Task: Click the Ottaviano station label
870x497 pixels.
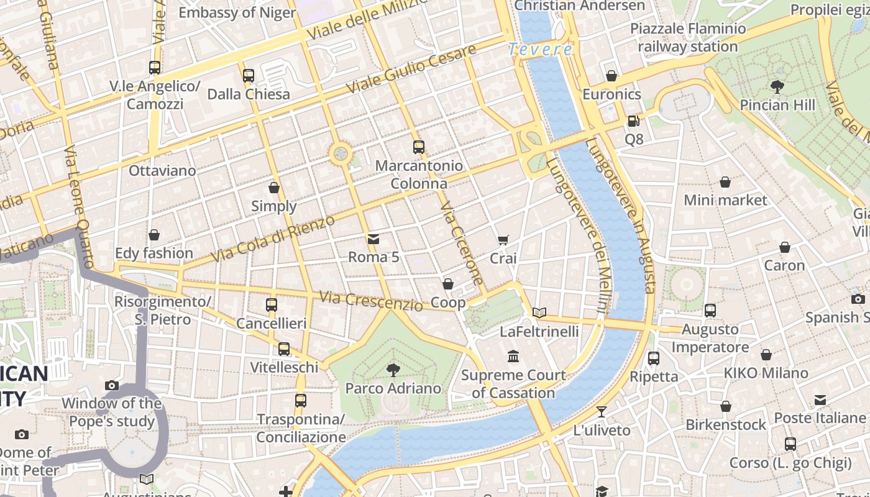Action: click(x=162, y=170)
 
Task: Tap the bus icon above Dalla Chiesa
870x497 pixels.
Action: click(x=249, y=76)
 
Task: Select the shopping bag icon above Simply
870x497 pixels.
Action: click(x=274, y=188)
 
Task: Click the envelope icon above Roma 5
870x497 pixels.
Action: click(x=373, y=239)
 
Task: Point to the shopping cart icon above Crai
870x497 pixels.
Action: click(x=503, y=240)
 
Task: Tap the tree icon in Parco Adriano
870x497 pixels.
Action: click(x=393, y=370)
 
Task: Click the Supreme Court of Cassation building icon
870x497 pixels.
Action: click(x=513, y=357)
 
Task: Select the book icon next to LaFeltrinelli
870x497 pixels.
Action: click(x=539, y=312)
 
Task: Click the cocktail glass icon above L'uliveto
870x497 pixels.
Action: click(x=602, y=411)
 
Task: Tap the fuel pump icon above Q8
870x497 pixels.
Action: click(x=633, y=121)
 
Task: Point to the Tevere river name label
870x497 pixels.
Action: click(x=540, y=50)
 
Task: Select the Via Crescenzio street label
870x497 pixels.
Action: click(x=371, y=301)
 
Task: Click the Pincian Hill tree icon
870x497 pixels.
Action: click(x=777, y=86)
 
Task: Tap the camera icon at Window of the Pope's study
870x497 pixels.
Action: click(x=112, y=385)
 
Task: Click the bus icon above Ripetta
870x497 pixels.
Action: click(x=654, y=358)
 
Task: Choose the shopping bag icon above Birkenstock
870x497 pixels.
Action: click(x=725, y=406)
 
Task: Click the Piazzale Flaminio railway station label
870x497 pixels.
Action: click(x=688, y=37)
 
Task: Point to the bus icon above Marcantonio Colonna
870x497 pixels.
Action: click(x=419, y=147)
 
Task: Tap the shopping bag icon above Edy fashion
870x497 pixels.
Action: click(x=154, y=235)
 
